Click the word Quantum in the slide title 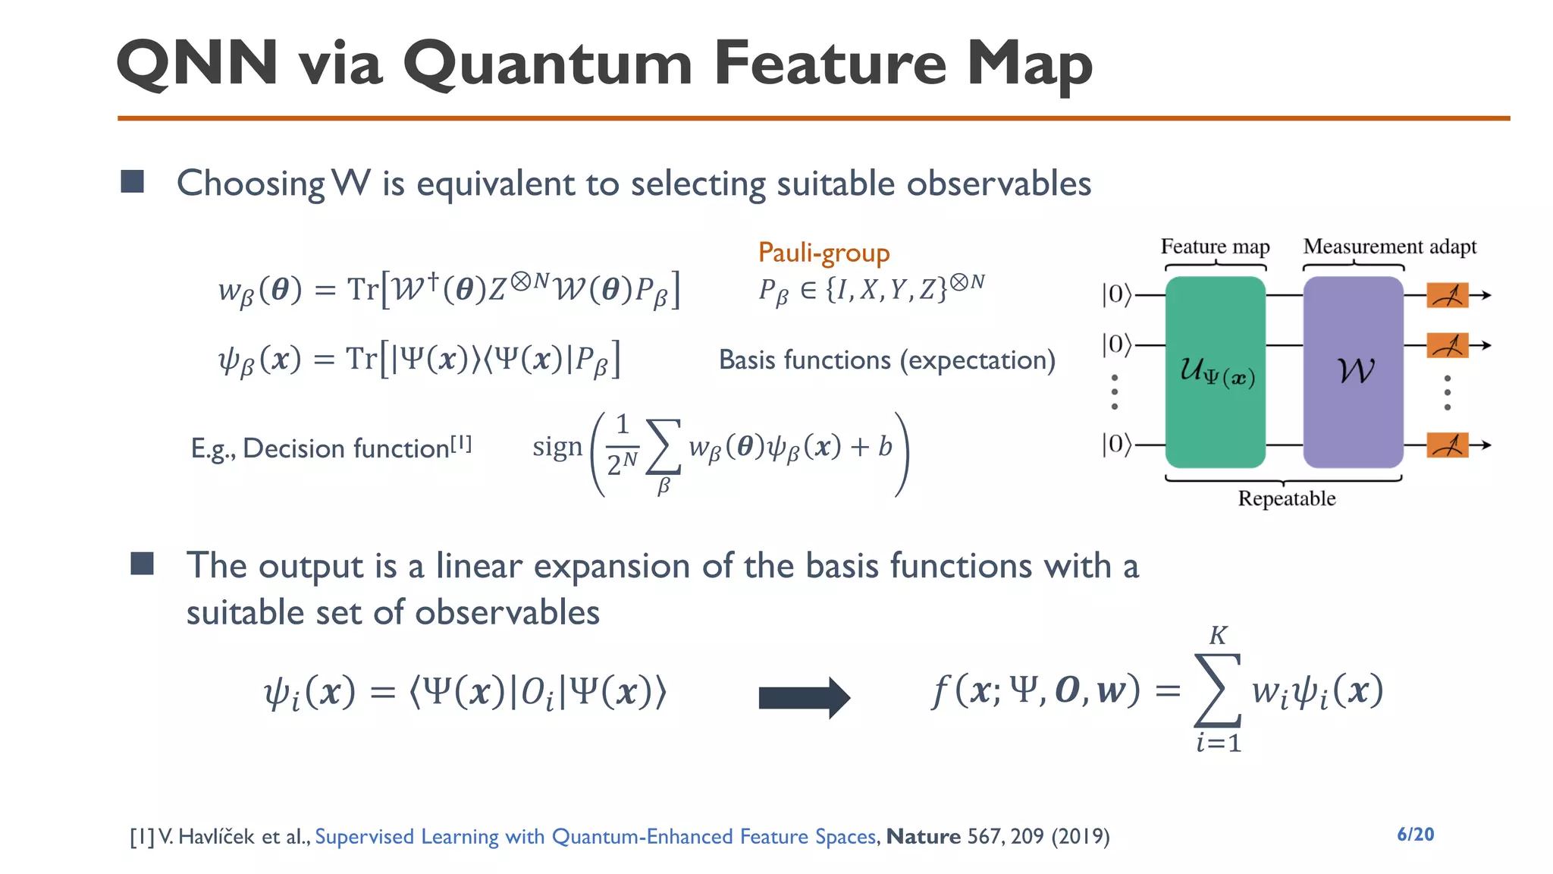pos(547,64)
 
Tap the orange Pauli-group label pos(824,253)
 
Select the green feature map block pos(1215,372)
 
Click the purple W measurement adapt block pos(1353,372)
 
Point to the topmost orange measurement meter pos(1447,295)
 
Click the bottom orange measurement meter pos(1447,445)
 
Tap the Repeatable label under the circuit pos(1286,498)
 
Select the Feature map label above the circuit pos(1215,247)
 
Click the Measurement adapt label pos(1389,247)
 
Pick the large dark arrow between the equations pos(804,697)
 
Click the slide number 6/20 pos(1415,835)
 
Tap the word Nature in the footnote pos(923,836)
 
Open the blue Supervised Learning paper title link pos(595,836)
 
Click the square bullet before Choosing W pos(133,182)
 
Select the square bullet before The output pos(142,564)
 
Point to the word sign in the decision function pos(557,447)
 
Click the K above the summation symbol pos(1218,635)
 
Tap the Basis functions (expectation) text pos(886,360)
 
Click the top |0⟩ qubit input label pos(1115,294)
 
